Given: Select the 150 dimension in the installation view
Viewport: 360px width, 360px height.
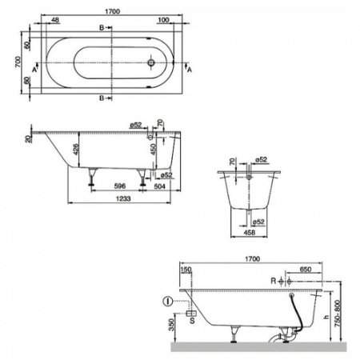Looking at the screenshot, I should pos(187,271).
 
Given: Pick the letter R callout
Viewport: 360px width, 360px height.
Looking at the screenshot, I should pos(274,282).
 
